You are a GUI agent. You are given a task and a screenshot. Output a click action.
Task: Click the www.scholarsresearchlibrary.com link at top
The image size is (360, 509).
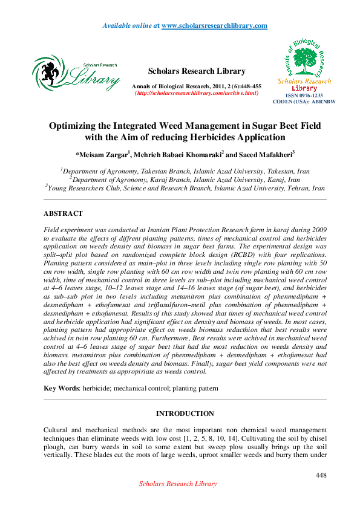click(214, 25)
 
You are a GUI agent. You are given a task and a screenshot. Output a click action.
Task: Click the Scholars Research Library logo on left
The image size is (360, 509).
click(76, 75)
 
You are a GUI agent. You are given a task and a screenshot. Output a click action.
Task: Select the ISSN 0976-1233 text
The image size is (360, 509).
click(304, 96)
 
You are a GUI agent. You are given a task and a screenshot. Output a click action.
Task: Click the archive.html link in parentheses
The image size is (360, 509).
click(197, 93)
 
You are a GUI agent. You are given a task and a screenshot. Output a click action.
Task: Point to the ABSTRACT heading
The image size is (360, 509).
click(63, 213)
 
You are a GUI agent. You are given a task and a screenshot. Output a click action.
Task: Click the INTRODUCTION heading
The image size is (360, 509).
click(185, 413)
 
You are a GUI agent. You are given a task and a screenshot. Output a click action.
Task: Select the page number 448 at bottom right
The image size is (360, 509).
click(321, 475)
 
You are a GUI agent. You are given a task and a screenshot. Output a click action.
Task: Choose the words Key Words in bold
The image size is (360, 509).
click(62, 387)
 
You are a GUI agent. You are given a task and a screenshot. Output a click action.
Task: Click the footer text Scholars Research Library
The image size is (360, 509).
click(178, 484)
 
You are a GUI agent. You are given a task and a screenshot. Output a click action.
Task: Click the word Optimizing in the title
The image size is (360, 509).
click(77, 126)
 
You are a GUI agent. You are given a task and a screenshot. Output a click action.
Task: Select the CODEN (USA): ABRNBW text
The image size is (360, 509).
click(304, 102)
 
